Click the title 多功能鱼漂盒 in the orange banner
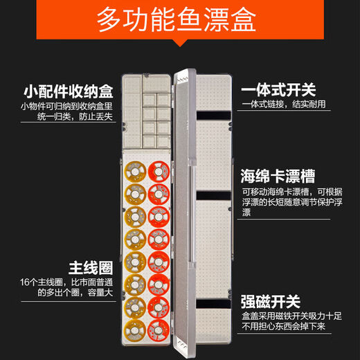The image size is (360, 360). [x=179, y=21]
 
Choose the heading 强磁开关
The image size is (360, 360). [x=271, y=302]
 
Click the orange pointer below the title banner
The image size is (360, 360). [x=179, y=44]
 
